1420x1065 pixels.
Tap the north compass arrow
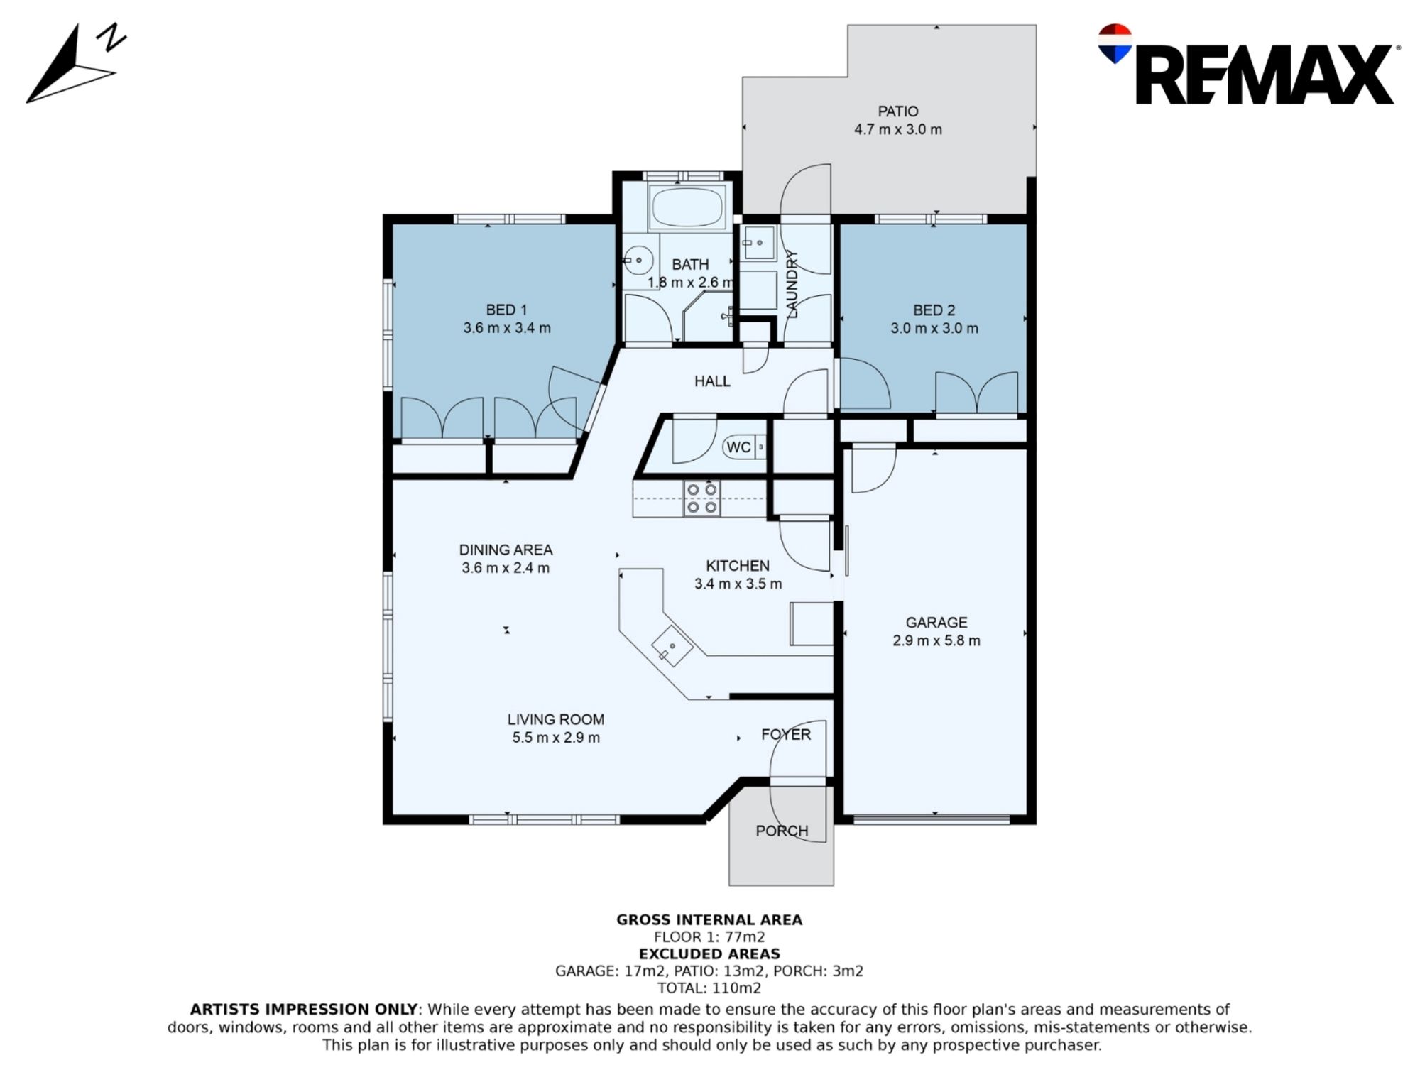[60, 71]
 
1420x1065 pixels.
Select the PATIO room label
[897, 111]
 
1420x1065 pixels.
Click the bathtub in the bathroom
[687, 206]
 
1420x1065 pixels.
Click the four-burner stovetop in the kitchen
[701, 498]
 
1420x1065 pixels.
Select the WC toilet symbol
[744, 447]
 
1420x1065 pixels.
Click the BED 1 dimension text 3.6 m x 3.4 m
[507, 328]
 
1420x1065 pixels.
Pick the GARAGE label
[936, 623]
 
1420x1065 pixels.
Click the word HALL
[712, 381]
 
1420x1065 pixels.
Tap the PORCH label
[782, 831]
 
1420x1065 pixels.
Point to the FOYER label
[785, 734]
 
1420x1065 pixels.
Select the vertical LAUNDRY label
[793, 284]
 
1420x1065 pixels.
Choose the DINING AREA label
[506, 550]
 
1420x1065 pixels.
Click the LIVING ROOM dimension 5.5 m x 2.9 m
[556, 738]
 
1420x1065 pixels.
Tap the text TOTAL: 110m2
[709, 988]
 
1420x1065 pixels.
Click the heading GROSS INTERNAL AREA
[709, 920]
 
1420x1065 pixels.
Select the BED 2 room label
[934, 310]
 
